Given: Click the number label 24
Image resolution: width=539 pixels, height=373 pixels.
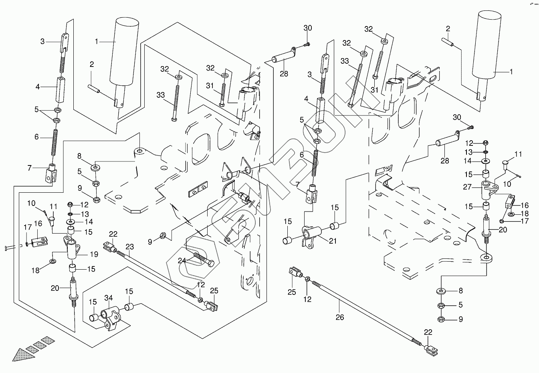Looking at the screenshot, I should pos(182,260).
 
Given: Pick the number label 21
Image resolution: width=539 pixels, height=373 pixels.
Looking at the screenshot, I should pos(333,241).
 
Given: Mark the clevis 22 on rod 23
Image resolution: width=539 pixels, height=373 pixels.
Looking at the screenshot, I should pos(109,247).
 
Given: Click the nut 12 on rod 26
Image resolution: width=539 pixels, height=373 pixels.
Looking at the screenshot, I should pos(308,279).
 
